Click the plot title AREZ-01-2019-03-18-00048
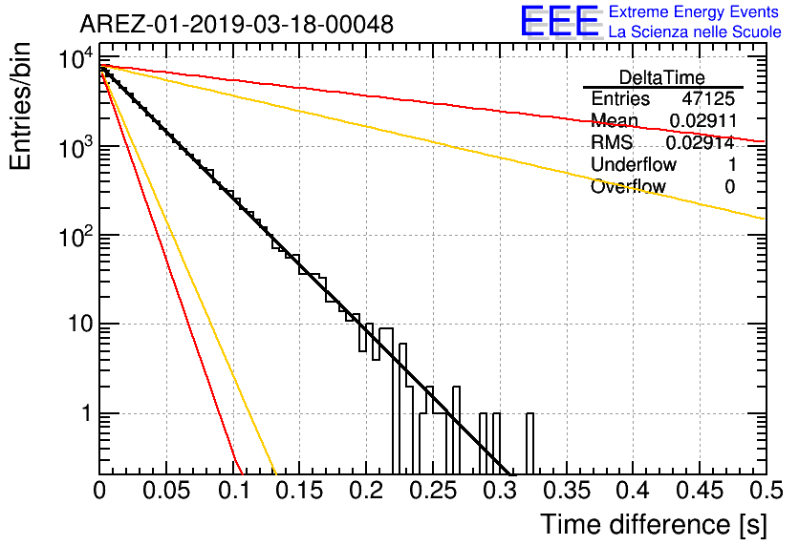(x=236, y=24)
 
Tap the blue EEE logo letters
(x=560, y=21)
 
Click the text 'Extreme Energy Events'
(x=694, y=11)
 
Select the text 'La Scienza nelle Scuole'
(x=695, y=31)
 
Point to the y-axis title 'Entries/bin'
(x=20, y=107)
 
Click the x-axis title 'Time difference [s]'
(x=654, y=524)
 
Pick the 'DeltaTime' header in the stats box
(x=661, y=77)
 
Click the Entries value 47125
(x=709, y=98)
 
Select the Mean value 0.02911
(x=702, y=120)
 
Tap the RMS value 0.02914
(x=700, y=142)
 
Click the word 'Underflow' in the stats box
(x=634, y=164)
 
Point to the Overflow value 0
(x=730, y=187)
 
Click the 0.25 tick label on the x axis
(x=434, y=491)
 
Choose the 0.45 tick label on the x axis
(x=701, y=491)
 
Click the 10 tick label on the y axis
(x=80, y=324)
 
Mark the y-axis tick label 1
(x=86, y=413)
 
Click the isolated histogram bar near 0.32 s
(x=529, y=443)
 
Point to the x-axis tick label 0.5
(x=766, y=491)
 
